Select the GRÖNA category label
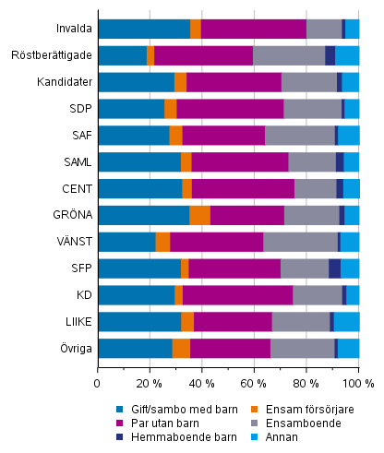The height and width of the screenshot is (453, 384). pos(71,216)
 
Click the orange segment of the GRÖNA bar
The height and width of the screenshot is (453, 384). pos(199,216)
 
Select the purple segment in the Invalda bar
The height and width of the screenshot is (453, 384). pos(253,29)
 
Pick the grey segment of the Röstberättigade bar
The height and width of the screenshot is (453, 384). pos(289,55)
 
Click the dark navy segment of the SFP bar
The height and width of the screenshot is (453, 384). pos(334,268)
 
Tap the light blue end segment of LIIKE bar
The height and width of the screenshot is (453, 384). pos(346,322)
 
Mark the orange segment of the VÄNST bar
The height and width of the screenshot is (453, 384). pos(162,242)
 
